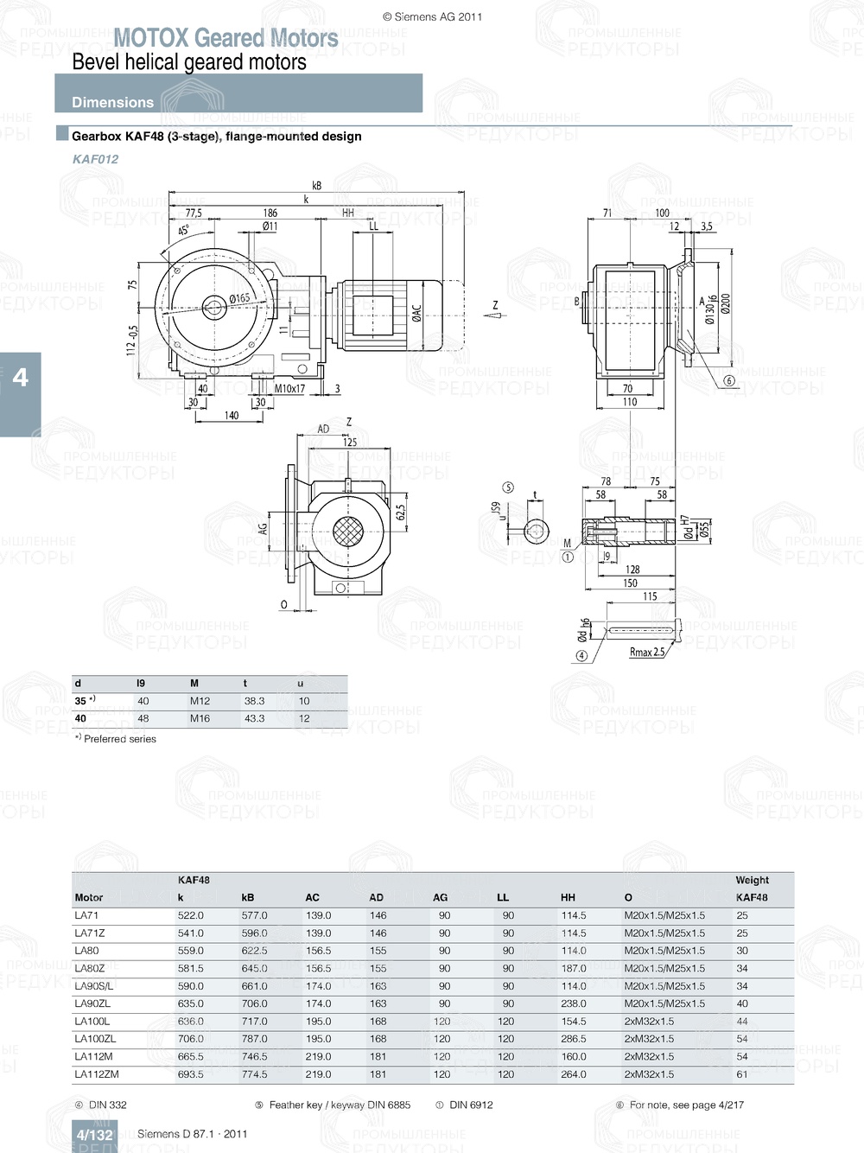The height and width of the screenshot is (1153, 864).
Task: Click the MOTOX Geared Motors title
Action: pos(226,38)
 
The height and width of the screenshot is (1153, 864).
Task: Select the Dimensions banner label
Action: pos(112,102)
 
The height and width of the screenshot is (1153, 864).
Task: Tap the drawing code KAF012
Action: pos(95,159)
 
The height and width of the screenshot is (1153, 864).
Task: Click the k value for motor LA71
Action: pos(190,915)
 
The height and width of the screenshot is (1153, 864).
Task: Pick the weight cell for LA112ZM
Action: pos(742,1074)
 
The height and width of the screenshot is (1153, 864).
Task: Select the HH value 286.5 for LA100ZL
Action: pos(573,1039)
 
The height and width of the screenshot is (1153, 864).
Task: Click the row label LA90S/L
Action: pos(93,986)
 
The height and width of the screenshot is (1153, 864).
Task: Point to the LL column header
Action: pos(503,897)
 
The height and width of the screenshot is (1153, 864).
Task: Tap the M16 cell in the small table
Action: pos(200,718)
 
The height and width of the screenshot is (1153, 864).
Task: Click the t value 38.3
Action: pos(254,701)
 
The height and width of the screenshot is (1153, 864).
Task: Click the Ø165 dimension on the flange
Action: pos(239,299)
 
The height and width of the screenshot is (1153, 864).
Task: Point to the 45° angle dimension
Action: pos(183,231)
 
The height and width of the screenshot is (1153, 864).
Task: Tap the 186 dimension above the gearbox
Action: pos(270,213)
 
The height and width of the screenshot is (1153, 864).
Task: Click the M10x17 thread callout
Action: pos(289,389)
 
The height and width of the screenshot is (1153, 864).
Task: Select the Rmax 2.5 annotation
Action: pos(646,653)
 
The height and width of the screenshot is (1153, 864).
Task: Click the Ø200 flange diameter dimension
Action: pos(726,303)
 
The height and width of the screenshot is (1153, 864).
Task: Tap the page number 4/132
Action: pos(94,1135)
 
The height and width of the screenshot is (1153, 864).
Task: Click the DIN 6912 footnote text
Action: pos(471,1105)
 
